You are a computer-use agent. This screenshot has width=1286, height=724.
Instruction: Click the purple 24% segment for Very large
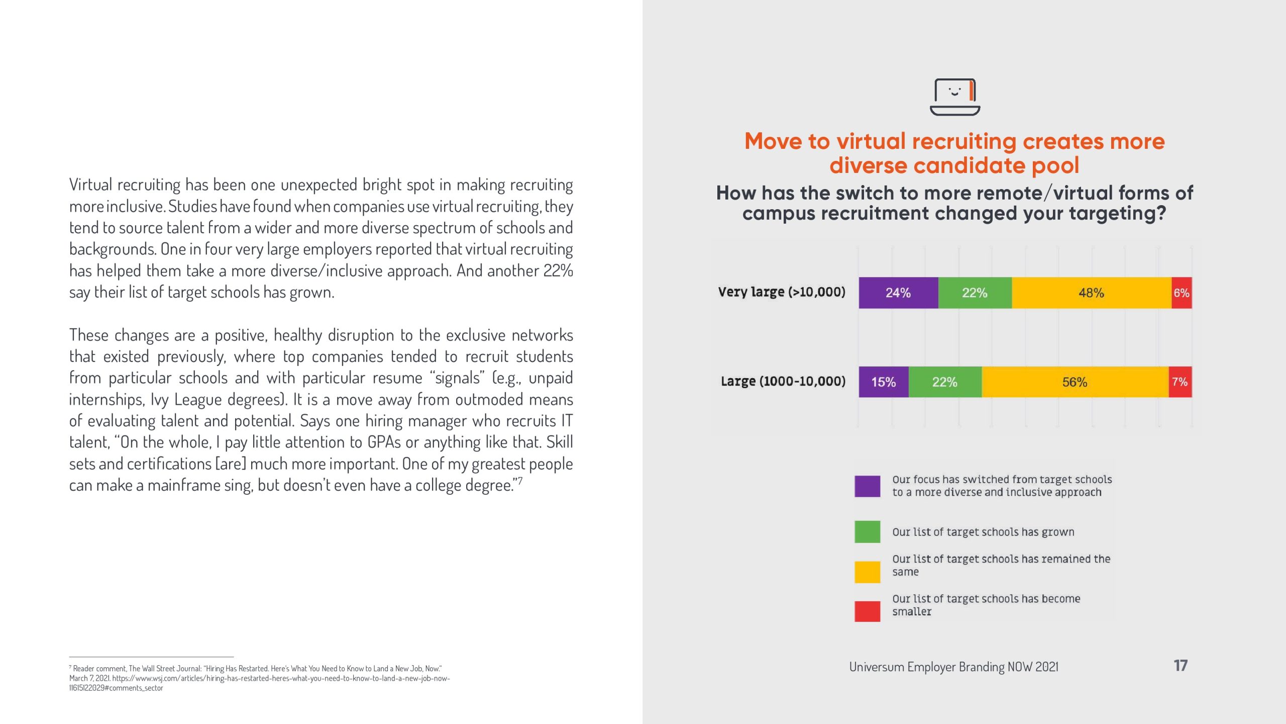click(x=898, y=293)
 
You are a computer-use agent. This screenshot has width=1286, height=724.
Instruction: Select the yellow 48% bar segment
click(x=1091, y=293)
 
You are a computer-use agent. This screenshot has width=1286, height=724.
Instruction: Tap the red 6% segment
click(x=1182, y=293)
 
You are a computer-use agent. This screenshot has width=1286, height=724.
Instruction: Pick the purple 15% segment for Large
click(x=884, y=382)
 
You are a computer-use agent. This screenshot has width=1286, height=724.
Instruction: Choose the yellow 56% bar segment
click(x=1075, y=382)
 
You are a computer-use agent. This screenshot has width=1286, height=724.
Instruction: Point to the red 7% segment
click(x=1180, y=382)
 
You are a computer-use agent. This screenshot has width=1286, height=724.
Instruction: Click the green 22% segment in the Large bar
click(x=945, y=382)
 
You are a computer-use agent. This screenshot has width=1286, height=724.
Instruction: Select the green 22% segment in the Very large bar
click(x=975, y=293)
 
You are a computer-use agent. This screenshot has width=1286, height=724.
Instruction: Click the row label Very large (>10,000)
click(x=782, y=292)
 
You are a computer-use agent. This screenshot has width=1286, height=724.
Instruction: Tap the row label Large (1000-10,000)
click(x=783, y=381)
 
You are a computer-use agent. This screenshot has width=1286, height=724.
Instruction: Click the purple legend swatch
click(x=868, y=486)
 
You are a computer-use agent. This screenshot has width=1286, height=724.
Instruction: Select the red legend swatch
click(x=868, y=611)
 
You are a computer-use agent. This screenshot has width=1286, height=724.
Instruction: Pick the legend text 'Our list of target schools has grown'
click(x=983, y=532)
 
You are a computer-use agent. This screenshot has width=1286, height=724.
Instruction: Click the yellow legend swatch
click(x=868, y=572)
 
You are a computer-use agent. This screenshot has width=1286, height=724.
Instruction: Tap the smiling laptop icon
click(x=955, y=97)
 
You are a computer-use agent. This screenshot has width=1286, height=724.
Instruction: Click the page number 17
click(x=1181, y=666)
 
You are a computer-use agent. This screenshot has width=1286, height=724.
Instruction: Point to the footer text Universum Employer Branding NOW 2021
click(x=953, y=667)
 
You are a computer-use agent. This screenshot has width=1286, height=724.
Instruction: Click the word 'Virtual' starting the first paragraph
click(x=90, y=185)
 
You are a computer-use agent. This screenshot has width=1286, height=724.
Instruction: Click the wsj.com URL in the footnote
click(x=281, y=678)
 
